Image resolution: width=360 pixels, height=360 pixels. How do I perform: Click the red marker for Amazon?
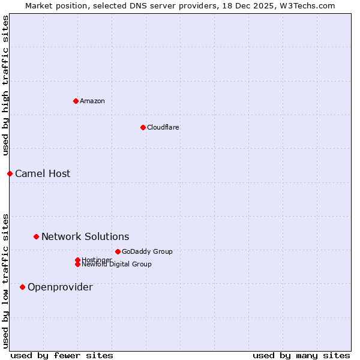point(76,101)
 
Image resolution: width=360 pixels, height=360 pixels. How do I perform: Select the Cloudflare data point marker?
point(143,127)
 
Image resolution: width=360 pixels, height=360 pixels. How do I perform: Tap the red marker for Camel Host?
point(10,173)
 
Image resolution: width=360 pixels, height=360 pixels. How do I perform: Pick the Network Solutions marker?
point(36,236)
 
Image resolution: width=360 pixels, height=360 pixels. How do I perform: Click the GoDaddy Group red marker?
point(118,251)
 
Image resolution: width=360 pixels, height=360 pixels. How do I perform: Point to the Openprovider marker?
point(22,287)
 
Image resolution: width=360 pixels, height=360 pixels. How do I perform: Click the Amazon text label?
point(92,101)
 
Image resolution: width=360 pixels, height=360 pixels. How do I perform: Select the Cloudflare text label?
point(163,127)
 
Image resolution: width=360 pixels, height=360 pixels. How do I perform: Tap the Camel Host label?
point(43,173)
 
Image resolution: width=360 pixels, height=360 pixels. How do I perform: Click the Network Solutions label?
point(85,236)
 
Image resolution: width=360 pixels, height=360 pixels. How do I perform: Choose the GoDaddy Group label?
point(147,251)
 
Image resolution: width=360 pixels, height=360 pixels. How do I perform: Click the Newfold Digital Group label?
point(117,264)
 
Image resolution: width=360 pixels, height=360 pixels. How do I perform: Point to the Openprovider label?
point(60,287)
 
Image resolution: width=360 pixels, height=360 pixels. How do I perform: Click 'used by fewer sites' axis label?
point(62,355)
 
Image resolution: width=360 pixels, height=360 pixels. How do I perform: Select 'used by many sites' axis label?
point(301,355)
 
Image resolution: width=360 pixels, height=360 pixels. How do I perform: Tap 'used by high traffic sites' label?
point(5,85)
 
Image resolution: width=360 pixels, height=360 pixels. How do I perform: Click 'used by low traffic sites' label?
point(5,281)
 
